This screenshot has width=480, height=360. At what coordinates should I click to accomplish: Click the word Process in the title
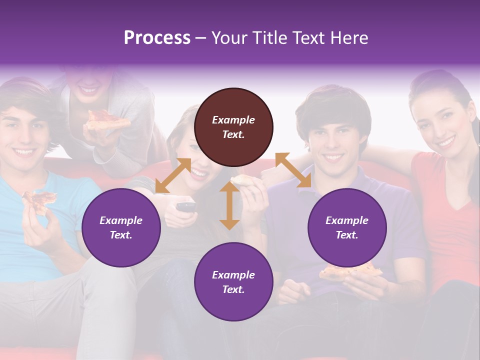(157, 38)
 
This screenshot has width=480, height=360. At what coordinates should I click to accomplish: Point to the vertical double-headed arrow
(229, 205)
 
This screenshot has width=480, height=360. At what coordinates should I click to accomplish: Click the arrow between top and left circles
(173, 175)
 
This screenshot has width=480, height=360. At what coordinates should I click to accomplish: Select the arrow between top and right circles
(293, 170)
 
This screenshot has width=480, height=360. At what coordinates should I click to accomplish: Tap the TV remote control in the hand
(185, 206)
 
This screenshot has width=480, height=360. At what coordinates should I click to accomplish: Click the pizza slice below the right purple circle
(350, 272)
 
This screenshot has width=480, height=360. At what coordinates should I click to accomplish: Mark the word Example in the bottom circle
(233, 274)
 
